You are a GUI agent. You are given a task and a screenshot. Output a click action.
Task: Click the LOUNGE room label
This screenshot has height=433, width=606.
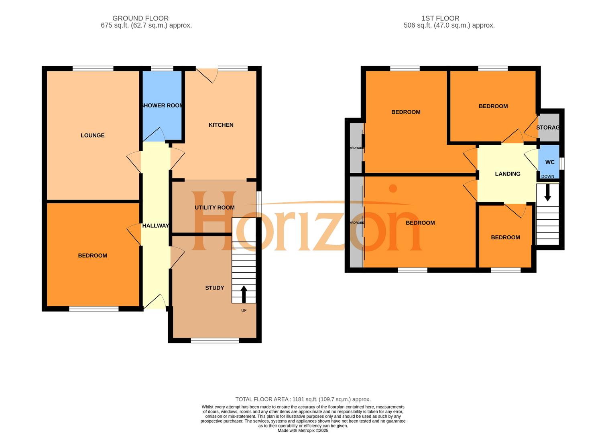click(x=92, y=136)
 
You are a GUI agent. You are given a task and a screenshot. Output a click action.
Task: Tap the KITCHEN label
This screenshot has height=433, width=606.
click(x=221, y=125)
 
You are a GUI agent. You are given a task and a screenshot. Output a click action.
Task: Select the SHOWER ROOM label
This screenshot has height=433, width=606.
click(x=162, y=105)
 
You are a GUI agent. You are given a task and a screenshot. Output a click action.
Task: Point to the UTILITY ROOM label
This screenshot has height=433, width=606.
click(x=214, y=208)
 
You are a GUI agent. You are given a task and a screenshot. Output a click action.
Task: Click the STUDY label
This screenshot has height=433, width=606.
click(x=214, y=288)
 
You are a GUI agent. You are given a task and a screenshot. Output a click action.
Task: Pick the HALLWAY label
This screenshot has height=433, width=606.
click(x=155, y=226)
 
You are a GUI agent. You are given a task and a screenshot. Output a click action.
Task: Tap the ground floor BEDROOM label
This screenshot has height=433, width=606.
click(x=92, y=256)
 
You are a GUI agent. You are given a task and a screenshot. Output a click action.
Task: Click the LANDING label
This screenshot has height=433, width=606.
click(x=507, y=174)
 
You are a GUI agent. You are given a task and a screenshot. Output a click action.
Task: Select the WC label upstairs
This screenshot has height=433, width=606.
click(x=549, y=162)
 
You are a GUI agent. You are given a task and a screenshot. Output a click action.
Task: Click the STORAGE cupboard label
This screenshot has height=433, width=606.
click(x=548, y=127)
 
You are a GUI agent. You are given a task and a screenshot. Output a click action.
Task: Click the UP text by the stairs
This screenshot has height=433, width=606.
click(x=244, y=311)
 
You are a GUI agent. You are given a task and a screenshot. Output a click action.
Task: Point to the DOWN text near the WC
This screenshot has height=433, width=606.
click(x=547, y=176)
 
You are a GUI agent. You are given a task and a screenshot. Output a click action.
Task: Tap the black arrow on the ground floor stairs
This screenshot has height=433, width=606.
click(x=244, y=294)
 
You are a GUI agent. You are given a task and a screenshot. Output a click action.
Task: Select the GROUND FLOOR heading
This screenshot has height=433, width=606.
click(x=140, y=18)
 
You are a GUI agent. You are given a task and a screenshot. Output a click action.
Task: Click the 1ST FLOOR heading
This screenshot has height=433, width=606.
click(x=440, y=18)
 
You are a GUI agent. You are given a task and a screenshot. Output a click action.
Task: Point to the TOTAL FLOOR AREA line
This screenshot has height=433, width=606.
click(x=303, y=399)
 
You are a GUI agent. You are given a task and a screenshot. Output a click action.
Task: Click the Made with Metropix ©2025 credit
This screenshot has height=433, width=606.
click(x=303, y=431)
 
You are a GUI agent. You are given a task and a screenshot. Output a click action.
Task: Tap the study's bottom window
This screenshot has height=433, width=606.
click(x=215, y=341)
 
